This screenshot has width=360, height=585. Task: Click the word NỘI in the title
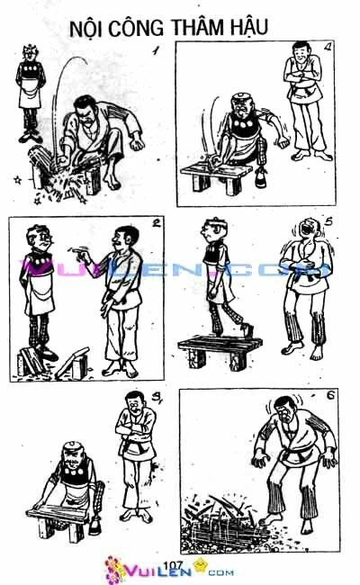click(x=85, y=30)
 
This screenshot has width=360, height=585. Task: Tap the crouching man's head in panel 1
click(x=85, y=112)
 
